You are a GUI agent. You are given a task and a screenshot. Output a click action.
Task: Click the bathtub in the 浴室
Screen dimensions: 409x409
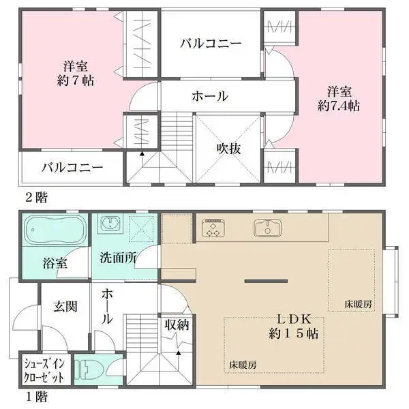coord(55,232)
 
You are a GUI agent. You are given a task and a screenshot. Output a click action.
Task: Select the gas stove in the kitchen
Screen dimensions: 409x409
coord(212,228)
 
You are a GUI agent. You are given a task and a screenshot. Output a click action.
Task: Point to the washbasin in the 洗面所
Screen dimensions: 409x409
coord(109,224)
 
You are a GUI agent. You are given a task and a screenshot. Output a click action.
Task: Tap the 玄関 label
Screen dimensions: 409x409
coord(63,306)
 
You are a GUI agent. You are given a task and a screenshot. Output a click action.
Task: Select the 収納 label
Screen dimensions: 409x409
coord(176,324)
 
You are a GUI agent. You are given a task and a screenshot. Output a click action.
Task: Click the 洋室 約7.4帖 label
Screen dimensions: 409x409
coord(338,98)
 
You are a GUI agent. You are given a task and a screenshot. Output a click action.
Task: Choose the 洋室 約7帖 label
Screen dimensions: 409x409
coord(72,73)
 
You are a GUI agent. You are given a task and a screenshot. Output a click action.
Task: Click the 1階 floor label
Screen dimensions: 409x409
coord(36,395)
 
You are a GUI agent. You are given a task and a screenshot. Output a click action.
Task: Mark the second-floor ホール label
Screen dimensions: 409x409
coord(209,96)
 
